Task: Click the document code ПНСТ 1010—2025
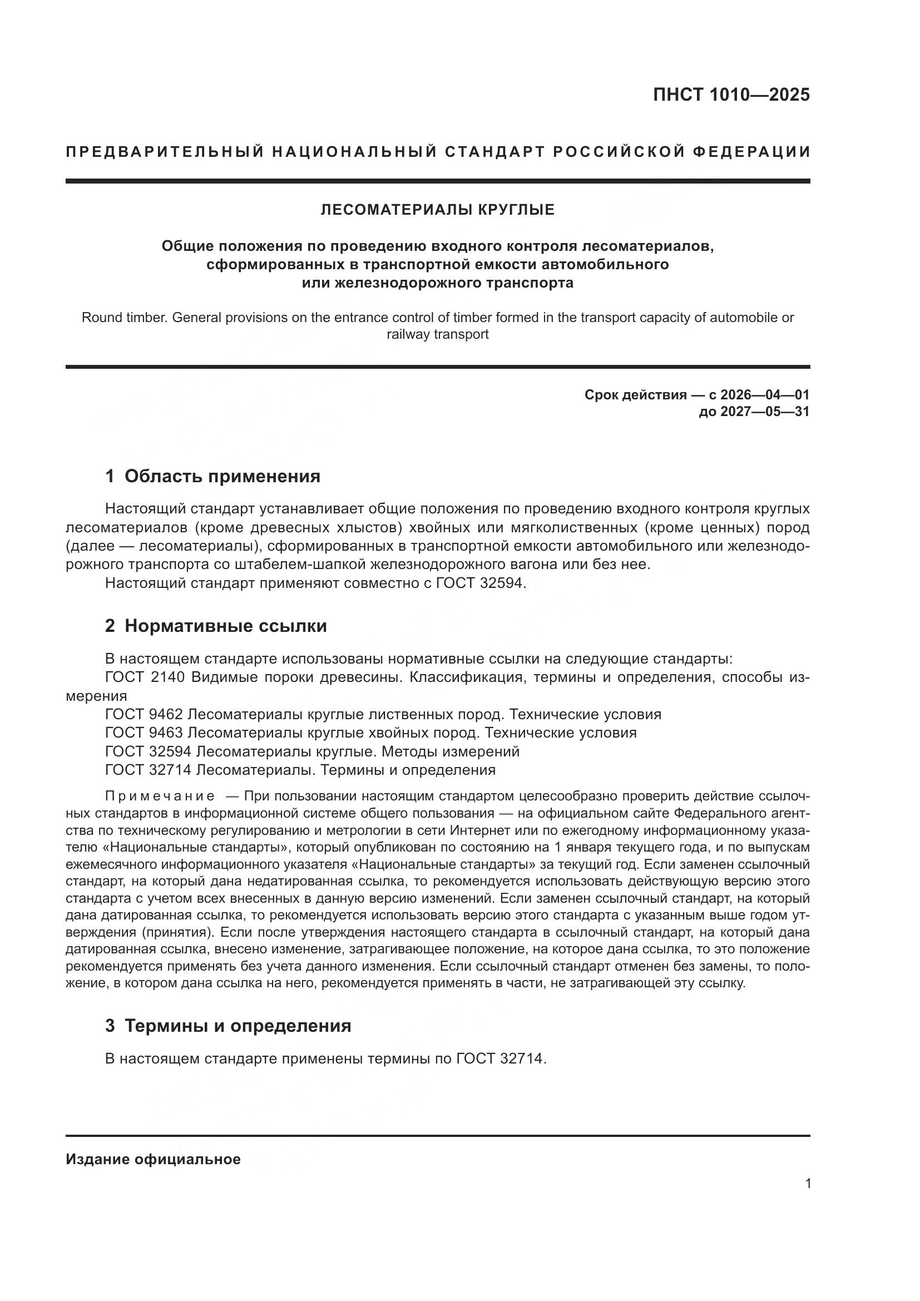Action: click(731, 95)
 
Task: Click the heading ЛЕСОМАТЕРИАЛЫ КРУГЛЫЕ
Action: click(437, 210)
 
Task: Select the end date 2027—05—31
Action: click(765, 412)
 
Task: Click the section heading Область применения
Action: click(222, 477)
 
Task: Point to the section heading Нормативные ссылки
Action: click(225, 626)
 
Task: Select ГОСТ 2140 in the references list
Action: click(145, 677)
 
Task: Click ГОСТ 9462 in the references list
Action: click(144, 715)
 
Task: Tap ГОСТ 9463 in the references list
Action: click(144, 733)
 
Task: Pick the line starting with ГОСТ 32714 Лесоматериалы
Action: click(300, 770)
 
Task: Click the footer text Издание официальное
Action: click(153, 1159)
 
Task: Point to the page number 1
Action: click(808, 1184)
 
